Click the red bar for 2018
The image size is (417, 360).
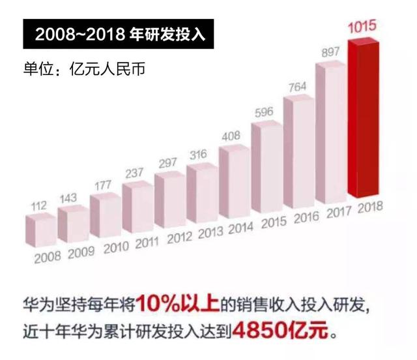[364, 117]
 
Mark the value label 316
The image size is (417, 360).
[201, 154]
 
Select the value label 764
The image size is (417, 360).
[298, 86]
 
